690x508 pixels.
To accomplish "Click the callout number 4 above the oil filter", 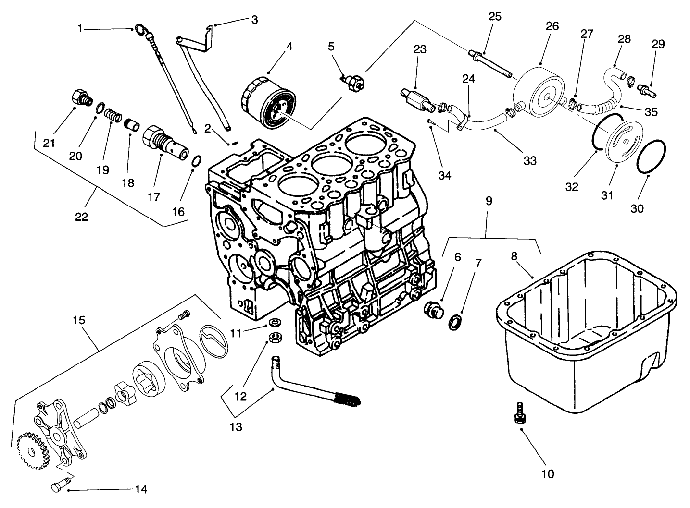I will [x=289, y=47].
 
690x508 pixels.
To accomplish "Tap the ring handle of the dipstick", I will [x=141, y=30].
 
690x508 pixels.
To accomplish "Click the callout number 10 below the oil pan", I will [x=547, y=474].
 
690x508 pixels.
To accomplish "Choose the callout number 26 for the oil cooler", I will [x=552, y=26].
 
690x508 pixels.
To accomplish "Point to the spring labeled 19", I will [x=112, y=117].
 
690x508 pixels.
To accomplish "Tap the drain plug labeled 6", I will [x=434, y=310].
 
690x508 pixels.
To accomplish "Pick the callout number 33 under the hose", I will [x=529, y=161].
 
